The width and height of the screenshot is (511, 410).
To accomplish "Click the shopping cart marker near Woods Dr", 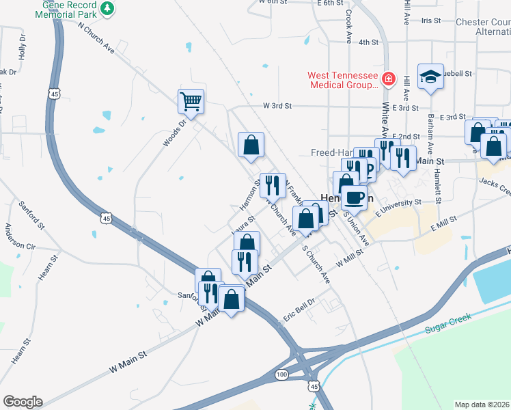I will point(191,102).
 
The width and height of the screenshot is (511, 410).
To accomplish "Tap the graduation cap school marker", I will point(430,77).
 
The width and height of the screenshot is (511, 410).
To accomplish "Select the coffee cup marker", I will point(353,198).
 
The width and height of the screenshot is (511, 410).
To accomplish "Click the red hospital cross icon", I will point(389,79).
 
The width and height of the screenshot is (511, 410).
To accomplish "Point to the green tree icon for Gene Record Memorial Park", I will point(107,8).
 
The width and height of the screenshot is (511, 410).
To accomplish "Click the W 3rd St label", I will point(277,106).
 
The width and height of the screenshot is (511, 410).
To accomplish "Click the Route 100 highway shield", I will point(281,374).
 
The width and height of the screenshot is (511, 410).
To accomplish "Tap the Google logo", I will point(23,402).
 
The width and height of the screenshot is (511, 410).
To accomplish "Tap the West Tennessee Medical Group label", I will point(342,81).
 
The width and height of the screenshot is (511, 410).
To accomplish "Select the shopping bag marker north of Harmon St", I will point(251,145).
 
